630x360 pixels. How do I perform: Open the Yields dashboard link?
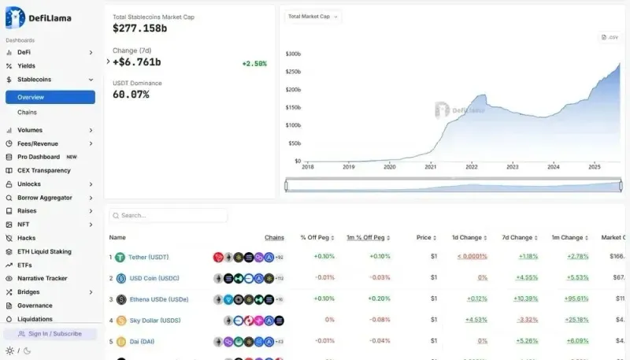click(26, 65)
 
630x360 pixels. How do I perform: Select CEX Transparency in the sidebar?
click(43, 170)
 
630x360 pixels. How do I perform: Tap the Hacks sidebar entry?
click(26, 238)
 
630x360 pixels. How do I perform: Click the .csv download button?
click(610, 37)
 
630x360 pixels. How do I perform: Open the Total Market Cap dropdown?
click(313, 16)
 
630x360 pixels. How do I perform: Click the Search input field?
click(169, 215)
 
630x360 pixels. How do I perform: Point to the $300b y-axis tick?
click(293, 54)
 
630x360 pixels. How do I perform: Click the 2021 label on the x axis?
click(430, 167)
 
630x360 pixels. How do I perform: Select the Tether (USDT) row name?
click(149, 257)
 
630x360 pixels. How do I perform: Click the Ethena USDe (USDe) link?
click(158, 299)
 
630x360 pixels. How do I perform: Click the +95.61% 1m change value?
click(577, 299)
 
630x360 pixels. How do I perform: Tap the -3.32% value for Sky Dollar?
click(527, 321)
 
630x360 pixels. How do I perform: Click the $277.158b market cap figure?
click(140, 28)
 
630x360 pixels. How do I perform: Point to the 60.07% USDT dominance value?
click(131, 95)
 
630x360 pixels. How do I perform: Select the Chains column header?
click(274, 237)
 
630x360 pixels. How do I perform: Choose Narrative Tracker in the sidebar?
click(42, 278)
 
